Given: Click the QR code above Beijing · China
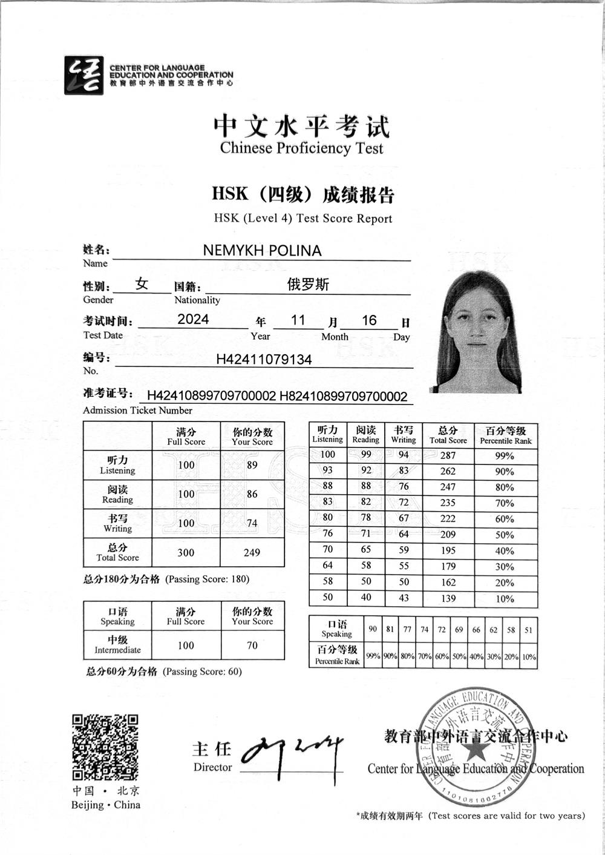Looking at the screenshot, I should click(x=105, y=747).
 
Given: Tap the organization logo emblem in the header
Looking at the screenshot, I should click(x=83, y=75).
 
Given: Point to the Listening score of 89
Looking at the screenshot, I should click(x=252, y=465).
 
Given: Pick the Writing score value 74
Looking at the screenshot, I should click(x=252, y=523).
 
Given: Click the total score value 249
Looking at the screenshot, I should click(x=252, y=552).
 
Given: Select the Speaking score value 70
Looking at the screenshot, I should click(x=252, y=645).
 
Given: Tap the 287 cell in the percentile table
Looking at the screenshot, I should click(x=448, y=455).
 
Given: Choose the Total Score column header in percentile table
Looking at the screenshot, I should click(x=448, y=435).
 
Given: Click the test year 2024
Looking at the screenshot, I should click(x=193, y=320).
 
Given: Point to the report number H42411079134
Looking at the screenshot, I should click(x=264, y=360).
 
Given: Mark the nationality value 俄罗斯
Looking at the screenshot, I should click(x=308, y=285).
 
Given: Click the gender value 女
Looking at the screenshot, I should click(x=142, y=284).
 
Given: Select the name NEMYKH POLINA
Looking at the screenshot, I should click(x=262, y=251).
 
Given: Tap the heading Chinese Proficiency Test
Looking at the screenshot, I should click(x=301, y=148).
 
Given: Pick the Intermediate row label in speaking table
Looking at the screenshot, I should click(x=117, y=645).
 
